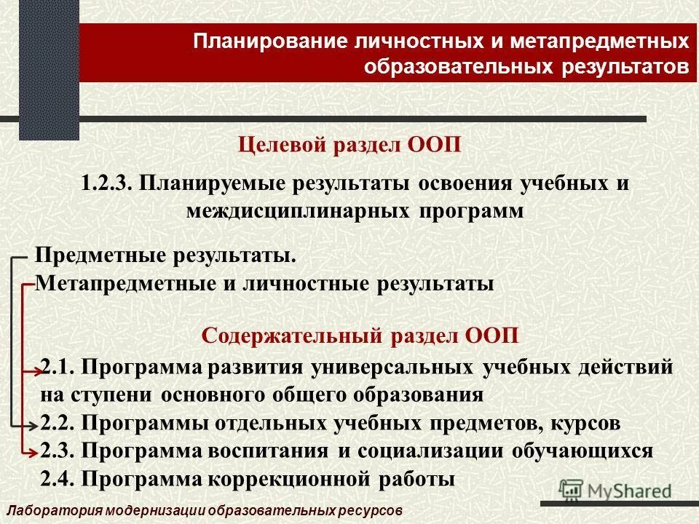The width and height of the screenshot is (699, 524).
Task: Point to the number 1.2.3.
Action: (106, 183)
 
